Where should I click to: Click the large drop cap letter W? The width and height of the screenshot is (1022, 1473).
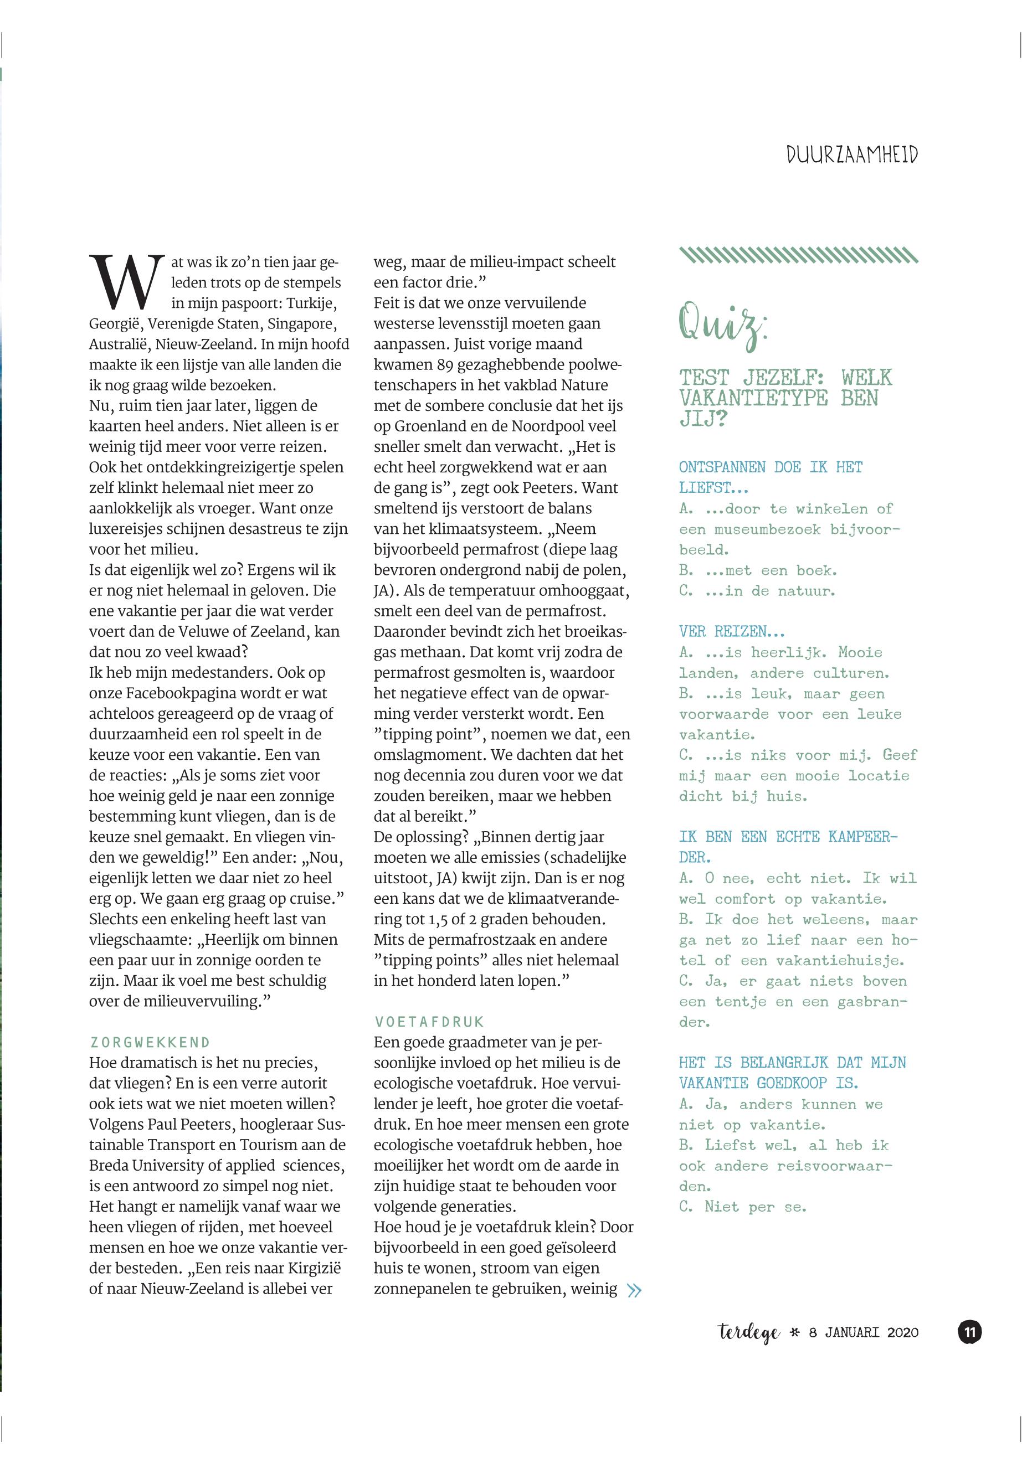(x=127, y=282)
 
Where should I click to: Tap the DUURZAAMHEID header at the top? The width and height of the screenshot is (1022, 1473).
(x=852, y=155)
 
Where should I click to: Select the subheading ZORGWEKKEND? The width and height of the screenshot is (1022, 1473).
(x=151, y=1042)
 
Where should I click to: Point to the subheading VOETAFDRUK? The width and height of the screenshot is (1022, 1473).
(x=429, y=1022)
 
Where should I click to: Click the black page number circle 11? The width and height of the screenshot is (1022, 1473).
(x=969, y=1332)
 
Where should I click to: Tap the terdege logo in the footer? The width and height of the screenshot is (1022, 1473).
(x=748, y=1333)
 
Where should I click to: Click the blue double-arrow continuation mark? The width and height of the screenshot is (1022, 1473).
(x=634, y=1290)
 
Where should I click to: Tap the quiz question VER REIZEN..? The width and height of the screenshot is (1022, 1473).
(x=731, y=632)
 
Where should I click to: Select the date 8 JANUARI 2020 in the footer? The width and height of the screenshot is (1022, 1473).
(x=863, y=1333)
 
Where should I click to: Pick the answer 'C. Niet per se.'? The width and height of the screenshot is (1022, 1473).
(x=742, y=1207)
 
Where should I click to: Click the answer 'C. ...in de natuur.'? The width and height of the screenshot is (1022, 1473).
(x=757, y=591)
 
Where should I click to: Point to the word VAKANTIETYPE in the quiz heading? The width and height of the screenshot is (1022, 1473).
(x=753, y=398)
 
